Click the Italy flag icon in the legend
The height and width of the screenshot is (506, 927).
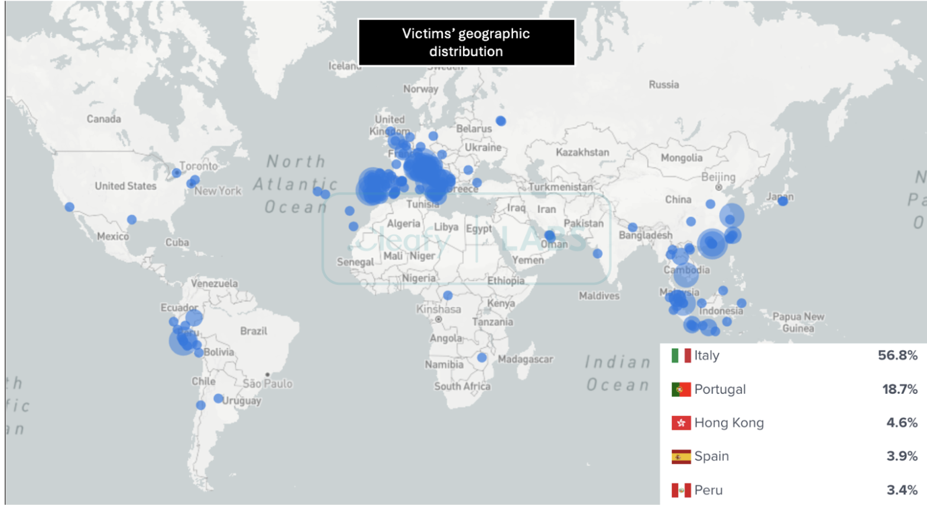click(681, 355)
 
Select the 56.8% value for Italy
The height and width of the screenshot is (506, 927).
click(897, 355)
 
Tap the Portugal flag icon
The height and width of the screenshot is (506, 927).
click(681, 389)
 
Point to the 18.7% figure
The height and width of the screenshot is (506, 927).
click(900, 389)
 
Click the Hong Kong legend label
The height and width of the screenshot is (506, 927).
click(729, 423)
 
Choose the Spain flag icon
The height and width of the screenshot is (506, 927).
click(681, 456)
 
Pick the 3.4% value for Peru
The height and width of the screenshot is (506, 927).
click(902, 490)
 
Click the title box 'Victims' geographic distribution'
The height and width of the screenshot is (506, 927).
click(466, 42)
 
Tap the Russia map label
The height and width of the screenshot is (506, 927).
click(663, 85)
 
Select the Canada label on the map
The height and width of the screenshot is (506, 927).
click(103, 119)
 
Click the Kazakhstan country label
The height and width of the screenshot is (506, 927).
click(582, 153)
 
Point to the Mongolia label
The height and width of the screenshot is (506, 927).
click(682, 158)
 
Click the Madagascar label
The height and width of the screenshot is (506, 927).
click(525, 359)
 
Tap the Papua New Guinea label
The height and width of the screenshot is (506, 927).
click(798, 322)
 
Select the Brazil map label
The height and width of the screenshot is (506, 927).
click(254, 331)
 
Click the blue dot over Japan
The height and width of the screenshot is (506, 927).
click(783, 201)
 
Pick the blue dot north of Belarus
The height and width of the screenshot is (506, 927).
click(501, 121)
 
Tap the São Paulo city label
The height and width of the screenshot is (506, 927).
click(267, 384)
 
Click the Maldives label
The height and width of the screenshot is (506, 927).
click(599, 296)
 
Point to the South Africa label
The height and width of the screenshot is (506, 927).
click(462, 387)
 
